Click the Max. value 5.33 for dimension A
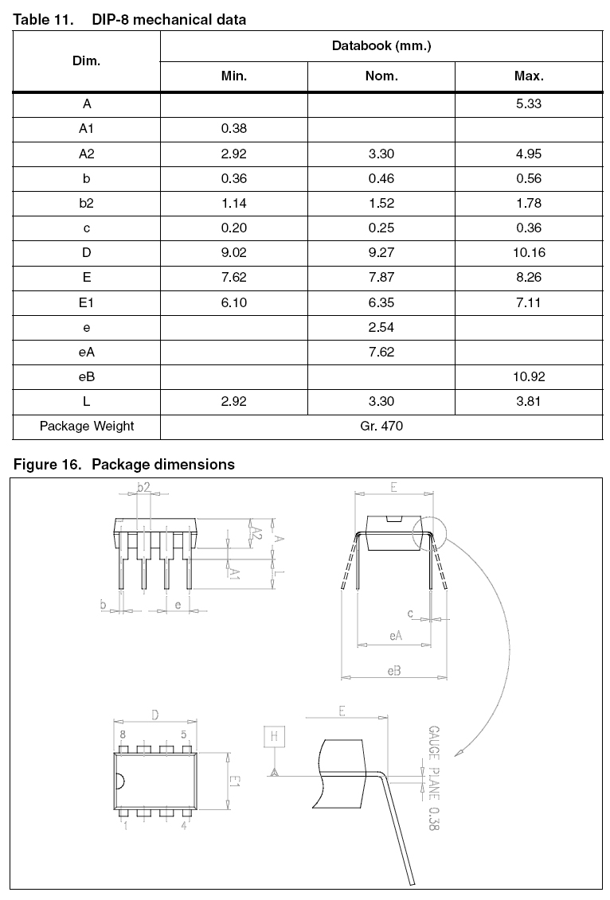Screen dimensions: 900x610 529,103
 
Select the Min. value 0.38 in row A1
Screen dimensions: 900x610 233,129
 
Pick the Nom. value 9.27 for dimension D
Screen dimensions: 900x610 381,253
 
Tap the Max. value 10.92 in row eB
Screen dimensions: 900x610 529,376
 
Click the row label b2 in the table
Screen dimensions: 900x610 86,203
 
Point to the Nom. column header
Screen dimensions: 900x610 381,76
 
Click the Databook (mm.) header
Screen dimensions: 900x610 381,45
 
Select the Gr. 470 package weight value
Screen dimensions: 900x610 381,426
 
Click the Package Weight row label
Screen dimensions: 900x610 86,426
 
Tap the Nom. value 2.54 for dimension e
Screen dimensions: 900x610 381,327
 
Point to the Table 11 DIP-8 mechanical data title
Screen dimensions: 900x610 130,20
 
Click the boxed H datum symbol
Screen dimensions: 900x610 274,736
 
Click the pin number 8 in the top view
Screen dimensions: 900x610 123,735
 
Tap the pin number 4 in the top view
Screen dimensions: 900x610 184,827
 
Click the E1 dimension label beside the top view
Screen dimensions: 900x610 235,782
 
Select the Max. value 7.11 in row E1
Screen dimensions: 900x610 529,302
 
